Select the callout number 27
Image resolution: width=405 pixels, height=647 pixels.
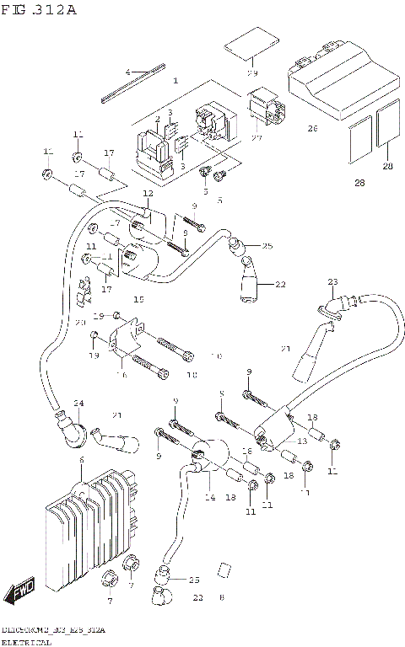256,136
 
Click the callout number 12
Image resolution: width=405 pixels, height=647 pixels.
148,194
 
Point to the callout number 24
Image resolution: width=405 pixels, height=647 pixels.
78,402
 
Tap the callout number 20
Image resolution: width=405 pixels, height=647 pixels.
80,323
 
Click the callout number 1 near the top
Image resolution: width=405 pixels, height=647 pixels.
175,81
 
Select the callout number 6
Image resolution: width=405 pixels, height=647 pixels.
81,460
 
